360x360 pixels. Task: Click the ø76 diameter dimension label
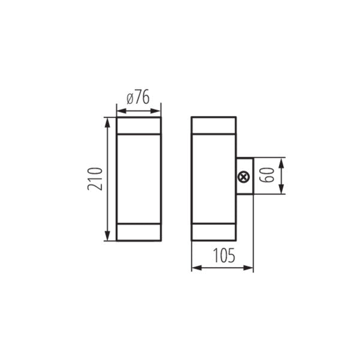point(139,97)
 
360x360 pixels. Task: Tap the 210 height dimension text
point(95,179)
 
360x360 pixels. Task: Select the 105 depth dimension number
point(222,256)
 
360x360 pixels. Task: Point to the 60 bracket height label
point(269,176)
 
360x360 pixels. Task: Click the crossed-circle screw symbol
point(244,177)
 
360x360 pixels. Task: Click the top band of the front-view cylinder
point(139,126)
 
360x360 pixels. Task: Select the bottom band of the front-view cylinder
point(139,233)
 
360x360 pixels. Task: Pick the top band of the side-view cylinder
point(214,126)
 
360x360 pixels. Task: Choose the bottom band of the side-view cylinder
point(214,233)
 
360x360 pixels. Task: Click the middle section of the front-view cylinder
point(139,179)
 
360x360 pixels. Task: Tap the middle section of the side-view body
point(214,179)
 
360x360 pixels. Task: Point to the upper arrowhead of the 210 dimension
point(108,122)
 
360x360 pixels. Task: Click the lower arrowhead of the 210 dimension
point(108,237)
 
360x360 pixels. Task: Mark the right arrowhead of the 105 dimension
point(249,268)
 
